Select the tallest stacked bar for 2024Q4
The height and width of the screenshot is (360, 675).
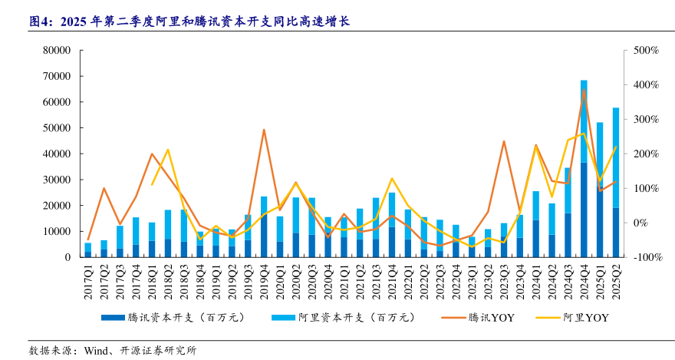tap(584, 169)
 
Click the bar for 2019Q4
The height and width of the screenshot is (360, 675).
tap(264, 226)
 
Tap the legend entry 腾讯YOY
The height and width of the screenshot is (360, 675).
tap(491, 316)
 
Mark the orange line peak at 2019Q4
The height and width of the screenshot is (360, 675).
tap(264, 130)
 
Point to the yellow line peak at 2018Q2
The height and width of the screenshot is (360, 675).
tap(168, 150)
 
